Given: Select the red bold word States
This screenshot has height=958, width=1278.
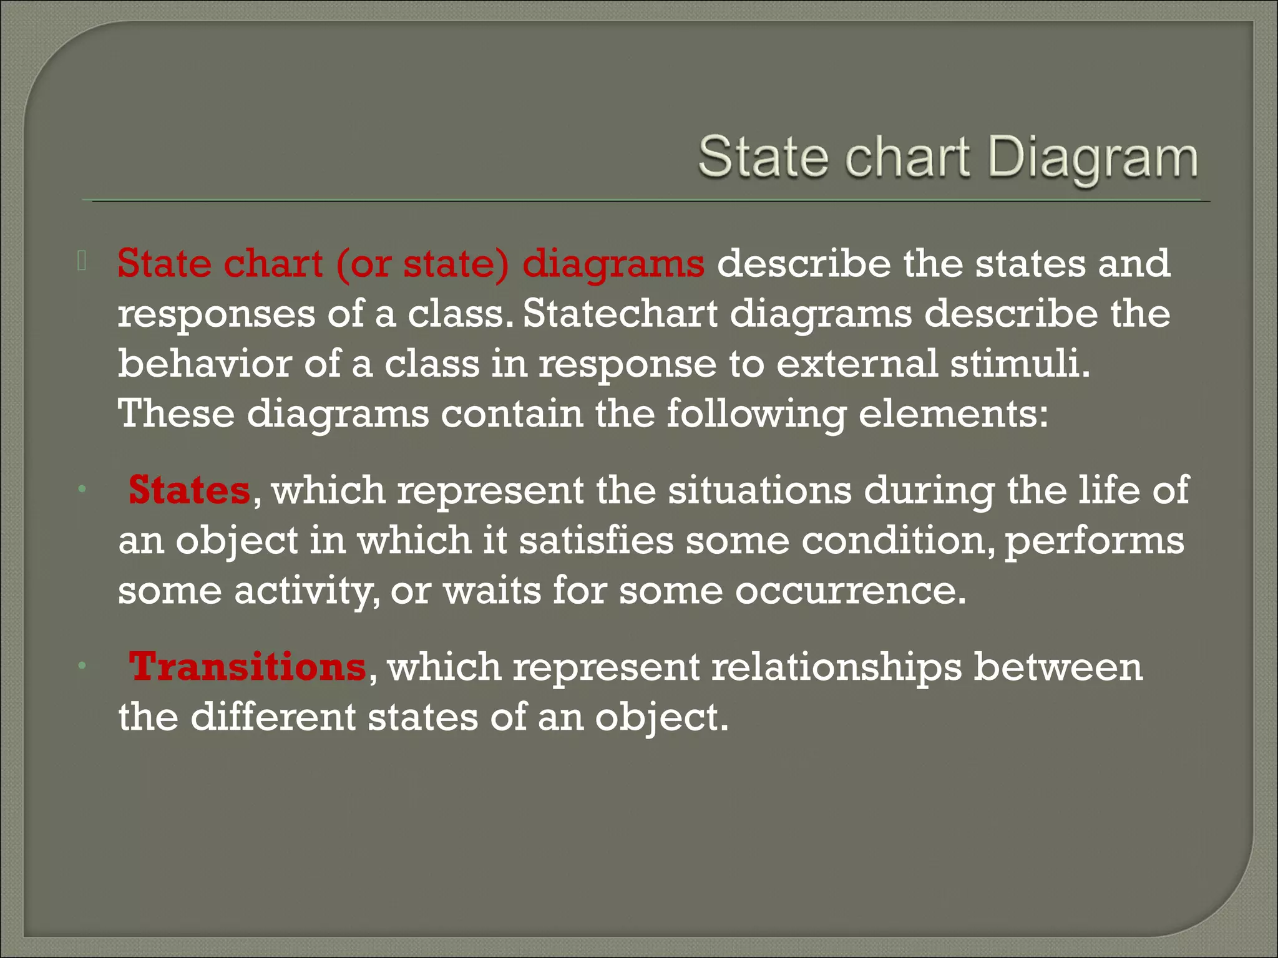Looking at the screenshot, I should tap(189, 490).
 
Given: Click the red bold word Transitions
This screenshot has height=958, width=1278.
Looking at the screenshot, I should tap(247, 667).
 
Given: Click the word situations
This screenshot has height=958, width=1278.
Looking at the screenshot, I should tap(759, 490).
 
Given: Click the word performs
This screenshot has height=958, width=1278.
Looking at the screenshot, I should tap(1094, 541).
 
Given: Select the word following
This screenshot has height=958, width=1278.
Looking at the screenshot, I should tap(755, 415).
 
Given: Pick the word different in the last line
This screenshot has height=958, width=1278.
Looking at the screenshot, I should tap(273, 717).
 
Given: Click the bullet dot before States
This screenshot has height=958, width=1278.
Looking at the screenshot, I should tap(81, 490).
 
